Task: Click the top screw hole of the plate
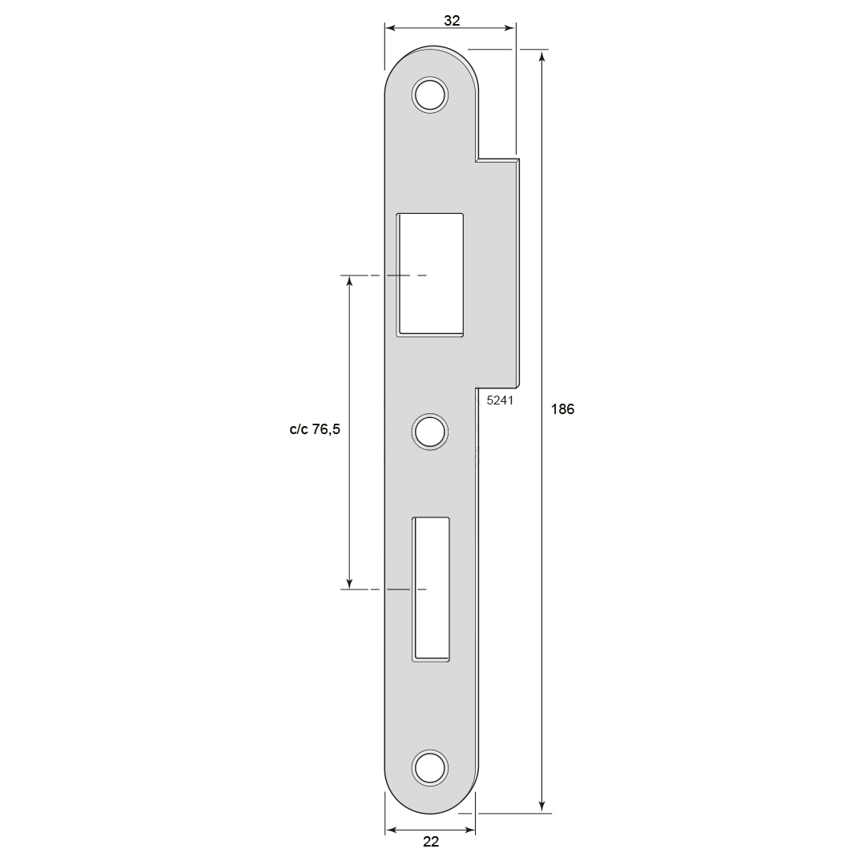tap(430, 95)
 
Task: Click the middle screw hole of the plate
tap(430, 432)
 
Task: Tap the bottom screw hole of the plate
tap(430, 767)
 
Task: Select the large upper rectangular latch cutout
tap(430, 275)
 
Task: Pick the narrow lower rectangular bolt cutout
tap(431, 589)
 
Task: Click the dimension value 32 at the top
tap(452, 20)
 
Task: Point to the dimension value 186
tap(563, 408)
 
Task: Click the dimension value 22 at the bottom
tap(431, 841)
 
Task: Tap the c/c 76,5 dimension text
tap(315, 429)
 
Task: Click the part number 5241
tap(500, 400)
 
